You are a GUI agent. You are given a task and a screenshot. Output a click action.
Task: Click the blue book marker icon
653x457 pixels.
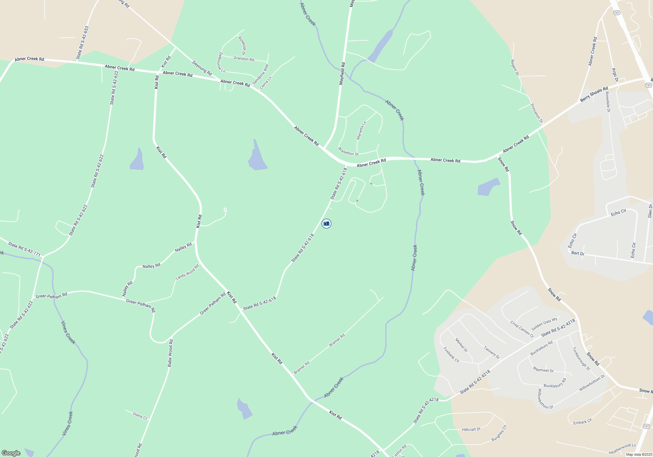click(x=326, y=224)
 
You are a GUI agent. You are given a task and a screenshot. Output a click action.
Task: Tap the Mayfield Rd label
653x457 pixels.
click(x=342, y=74)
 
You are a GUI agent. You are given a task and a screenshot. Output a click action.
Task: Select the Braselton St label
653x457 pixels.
click(x=348, y=151)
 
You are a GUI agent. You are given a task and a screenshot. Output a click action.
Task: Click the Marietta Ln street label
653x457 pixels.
click(x=361, y=131)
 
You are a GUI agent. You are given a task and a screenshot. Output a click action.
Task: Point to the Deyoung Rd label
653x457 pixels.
click(x=202, y=68)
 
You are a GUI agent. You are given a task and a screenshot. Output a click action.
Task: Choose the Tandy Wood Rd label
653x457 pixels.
click(x=187, y=273)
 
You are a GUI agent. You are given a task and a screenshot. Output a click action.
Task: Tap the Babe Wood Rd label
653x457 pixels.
click(x=170, y=353)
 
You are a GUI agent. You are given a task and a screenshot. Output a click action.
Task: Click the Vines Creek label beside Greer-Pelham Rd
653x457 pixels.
click(x=68, y=332)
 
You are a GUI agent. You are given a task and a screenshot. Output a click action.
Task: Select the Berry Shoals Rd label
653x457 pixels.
click(x=594, y=94)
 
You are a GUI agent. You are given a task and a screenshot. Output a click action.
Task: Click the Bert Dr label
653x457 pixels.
click(x=578, y=253)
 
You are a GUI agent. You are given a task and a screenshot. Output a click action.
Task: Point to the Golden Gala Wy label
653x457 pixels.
click(x=544, y=324)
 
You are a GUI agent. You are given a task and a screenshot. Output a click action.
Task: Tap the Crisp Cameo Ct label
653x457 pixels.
click(x=522, y=329)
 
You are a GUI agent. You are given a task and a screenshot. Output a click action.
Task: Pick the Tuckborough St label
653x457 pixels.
click(x=581, y=358)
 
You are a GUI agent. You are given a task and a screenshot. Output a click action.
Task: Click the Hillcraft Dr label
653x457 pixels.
click(x=471, y=430)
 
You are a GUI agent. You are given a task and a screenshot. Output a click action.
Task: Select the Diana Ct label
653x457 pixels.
click(x=140, y=416)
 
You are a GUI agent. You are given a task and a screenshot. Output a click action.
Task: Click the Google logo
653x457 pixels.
click(x=11, y=453)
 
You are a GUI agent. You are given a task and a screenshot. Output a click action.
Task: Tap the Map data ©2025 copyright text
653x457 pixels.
click(x=639, y=454)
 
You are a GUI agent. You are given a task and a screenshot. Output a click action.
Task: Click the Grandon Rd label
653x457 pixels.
click(x=244, y=59)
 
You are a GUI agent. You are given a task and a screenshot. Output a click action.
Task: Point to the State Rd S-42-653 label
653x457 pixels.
click(x=82, y=43)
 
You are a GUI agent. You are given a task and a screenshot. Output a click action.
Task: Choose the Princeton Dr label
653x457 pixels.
click(x=536, y=113)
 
